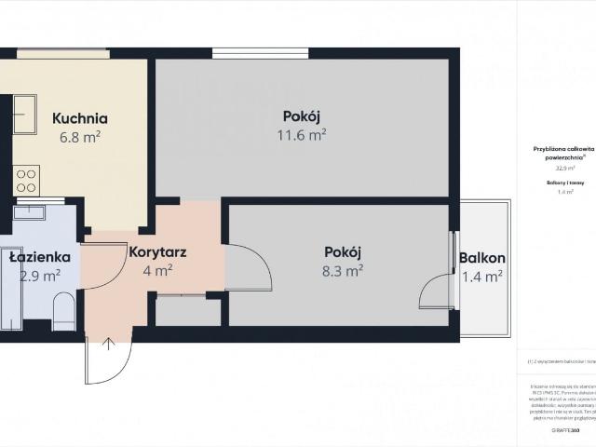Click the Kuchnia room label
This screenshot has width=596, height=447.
tap(79, 118)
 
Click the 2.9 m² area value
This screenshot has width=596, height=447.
tap(39, 275)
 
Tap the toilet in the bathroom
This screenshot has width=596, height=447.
tap(63, 312)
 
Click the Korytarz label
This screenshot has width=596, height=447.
tap(156, 251)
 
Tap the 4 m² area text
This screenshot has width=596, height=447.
tap(156, 271)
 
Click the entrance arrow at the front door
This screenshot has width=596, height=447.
tap(109, 345)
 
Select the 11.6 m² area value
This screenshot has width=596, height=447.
tap(301, 134)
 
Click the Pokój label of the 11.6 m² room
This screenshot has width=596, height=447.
tap(301, 116)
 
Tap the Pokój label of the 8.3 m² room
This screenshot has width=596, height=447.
tap(342, 251)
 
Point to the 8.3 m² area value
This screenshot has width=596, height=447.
tap(342, 270)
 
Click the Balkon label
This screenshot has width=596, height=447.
tap(482, 258)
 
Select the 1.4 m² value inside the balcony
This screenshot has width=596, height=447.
tap(482, 276)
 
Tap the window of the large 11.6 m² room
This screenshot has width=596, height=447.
tap(248, 53)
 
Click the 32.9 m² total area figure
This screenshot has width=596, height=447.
tap(565, 169)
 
